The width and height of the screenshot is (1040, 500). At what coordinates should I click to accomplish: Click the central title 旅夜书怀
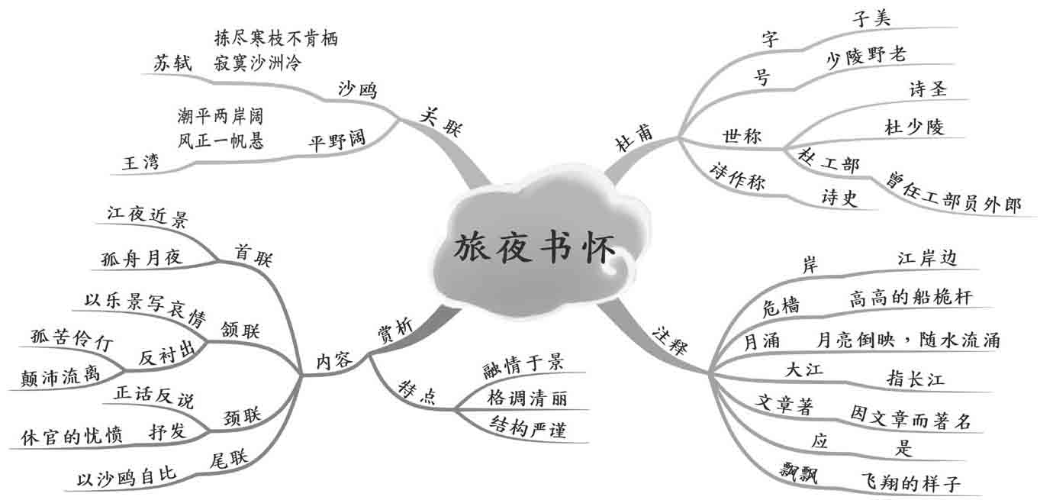tap(533, 247)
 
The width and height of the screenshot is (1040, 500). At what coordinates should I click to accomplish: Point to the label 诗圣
tap(928, 89)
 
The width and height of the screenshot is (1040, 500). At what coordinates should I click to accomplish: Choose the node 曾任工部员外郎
tap(953, 192)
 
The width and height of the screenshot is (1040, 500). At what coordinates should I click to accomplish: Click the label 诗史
tap(839, 198)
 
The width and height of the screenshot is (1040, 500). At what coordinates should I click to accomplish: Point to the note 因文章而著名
tap(911, 417)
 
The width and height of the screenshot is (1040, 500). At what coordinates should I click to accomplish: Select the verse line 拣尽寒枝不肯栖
tap(276, 37)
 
